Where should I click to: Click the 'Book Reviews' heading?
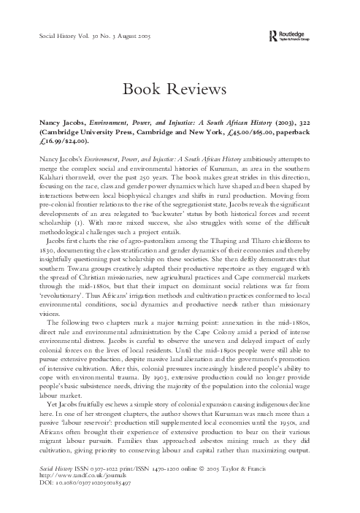click(x=180, y=90)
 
